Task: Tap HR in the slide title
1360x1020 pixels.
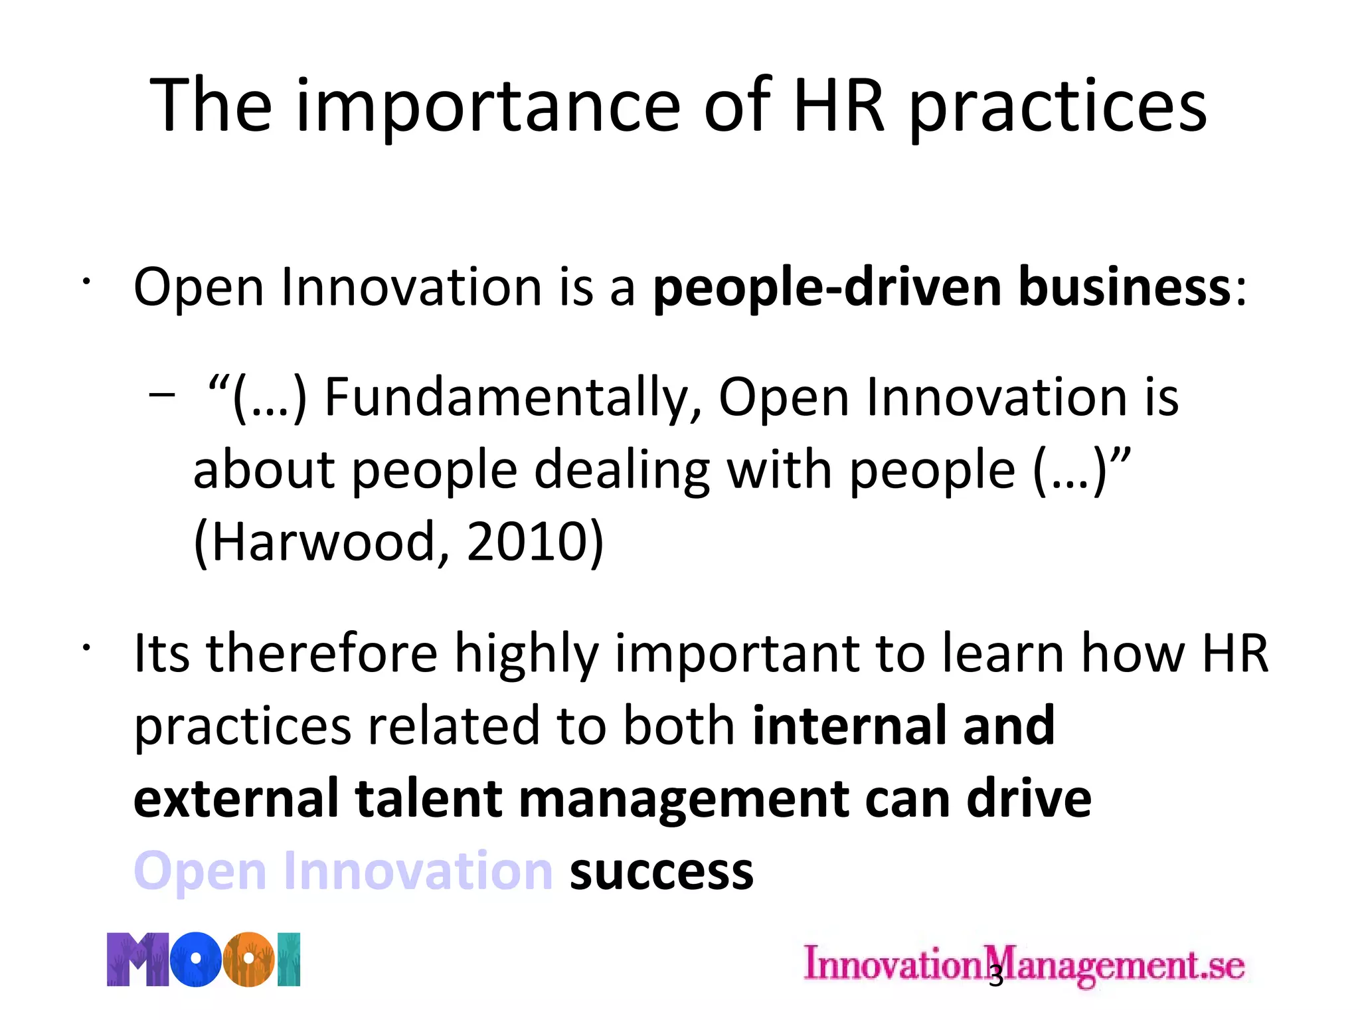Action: [839, 106]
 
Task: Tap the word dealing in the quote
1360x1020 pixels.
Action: [622, 470]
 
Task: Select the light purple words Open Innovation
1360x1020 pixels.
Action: [343, 871]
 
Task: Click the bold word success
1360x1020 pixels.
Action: [661, 871]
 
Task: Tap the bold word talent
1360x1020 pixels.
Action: [428, 799]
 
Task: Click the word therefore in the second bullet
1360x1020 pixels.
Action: [321, 653]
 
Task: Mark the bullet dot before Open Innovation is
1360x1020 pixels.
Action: [86, 282]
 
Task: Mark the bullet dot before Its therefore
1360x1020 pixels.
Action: [86, 647]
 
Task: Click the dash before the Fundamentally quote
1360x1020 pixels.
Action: [162, 396]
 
